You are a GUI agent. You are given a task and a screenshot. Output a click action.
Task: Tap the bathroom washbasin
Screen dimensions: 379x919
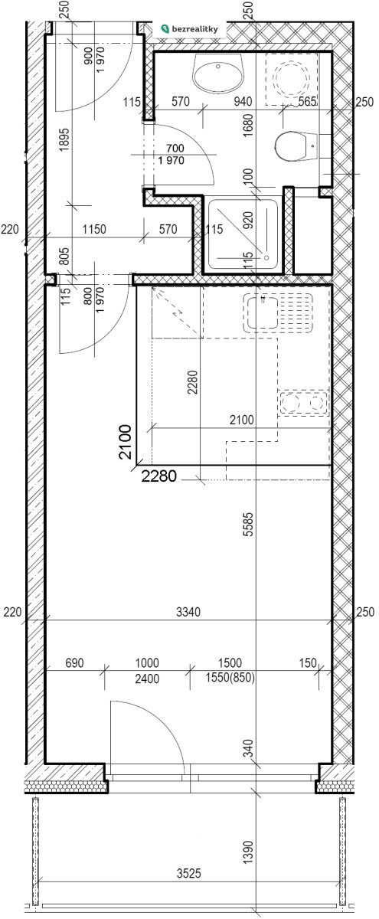[219, 73]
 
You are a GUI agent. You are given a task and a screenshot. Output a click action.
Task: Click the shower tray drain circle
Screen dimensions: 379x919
[266, 257]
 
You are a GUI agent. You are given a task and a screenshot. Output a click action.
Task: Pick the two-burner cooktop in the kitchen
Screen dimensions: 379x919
[303, 403]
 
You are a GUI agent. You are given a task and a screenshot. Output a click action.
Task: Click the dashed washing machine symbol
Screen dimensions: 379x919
[292, 79]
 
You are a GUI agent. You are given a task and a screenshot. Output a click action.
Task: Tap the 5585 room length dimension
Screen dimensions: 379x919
[249, 524]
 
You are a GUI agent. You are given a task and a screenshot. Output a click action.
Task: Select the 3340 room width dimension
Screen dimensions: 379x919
[188, 612]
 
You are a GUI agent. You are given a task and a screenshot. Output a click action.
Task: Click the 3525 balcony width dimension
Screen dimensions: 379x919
[188, 874]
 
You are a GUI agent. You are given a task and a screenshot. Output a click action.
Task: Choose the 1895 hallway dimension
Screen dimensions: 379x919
[65, 139]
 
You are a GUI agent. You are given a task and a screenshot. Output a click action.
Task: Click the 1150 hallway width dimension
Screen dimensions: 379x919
[94, 229]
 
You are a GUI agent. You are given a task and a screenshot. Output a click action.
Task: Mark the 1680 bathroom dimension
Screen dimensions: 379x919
[249, 126]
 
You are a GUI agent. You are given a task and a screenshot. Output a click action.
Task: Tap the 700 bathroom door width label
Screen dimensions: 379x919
[175, 148]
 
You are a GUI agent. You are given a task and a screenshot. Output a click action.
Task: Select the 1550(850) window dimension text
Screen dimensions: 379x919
[230, 679]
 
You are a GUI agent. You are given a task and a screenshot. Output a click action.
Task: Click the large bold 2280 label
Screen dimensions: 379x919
[158, 476]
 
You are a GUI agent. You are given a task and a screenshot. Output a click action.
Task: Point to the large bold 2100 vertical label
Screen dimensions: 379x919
[125, 442]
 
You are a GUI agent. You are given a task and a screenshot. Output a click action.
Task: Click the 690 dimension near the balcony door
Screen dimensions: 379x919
[75, 662]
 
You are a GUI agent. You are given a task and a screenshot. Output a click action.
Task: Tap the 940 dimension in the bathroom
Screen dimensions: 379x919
[243, 101]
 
